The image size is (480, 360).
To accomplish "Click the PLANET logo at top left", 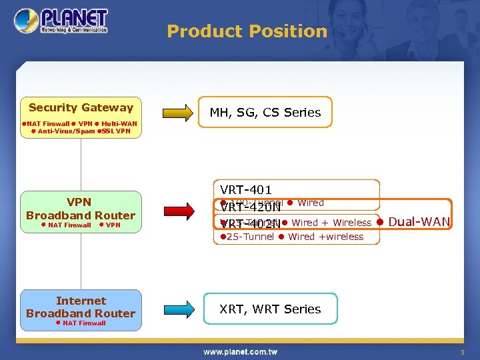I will [61, 21].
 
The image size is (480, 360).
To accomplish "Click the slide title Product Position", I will [247, 31].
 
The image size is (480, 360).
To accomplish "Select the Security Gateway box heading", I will [81, 107].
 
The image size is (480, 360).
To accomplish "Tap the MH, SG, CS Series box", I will [265, 113].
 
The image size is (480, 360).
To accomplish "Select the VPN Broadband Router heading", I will [81, 209].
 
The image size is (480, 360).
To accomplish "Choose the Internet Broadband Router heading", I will [81, 307].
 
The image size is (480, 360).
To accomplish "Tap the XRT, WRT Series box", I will [270, 309].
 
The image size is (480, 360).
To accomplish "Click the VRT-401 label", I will [246, 190].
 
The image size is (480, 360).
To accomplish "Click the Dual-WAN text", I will [419, 222].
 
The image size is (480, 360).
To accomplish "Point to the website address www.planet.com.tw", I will [240, 351].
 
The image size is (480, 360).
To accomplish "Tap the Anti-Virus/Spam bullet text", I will [66, 131].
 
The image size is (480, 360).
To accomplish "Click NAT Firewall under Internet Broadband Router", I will [84, 323].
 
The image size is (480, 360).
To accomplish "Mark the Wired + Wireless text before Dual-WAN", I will [331, 223].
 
